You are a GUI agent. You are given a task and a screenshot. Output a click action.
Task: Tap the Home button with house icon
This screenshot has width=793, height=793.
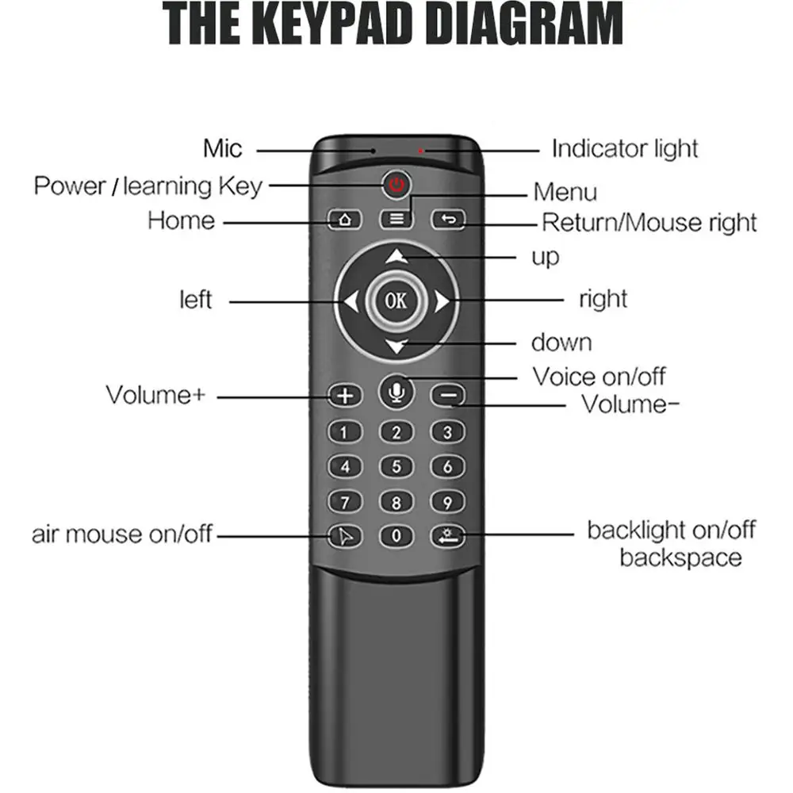point(345,220)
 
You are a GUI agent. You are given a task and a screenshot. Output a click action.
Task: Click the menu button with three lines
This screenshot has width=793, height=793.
point(396,220)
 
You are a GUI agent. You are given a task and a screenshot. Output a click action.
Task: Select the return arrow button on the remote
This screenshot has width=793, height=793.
point(448,220)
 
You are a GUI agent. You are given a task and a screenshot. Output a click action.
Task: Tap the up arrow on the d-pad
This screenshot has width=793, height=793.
point(396,256)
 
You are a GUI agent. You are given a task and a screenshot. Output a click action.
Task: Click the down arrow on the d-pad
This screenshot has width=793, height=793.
point(396,345)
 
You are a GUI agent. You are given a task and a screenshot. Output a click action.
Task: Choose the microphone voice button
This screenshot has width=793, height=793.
point(396,393)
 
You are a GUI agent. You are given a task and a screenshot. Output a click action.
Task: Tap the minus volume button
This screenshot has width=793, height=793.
point(448,395)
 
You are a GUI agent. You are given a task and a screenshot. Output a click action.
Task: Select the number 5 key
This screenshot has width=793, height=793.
point(396,467)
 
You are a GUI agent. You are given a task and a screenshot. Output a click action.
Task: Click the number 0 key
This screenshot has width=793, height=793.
point(396,537)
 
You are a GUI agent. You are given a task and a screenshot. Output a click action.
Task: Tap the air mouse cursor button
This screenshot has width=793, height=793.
point(345,537)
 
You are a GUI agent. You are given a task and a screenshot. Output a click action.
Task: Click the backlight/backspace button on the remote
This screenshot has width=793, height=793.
point(448,537)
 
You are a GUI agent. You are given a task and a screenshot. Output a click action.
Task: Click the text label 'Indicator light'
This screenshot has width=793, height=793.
point(625,148)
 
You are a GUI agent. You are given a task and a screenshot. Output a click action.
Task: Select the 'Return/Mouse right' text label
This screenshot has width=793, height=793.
point(649,223)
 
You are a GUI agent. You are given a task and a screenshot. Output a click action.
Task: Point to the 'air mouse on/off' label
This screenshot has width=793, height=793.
point(122,534)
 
